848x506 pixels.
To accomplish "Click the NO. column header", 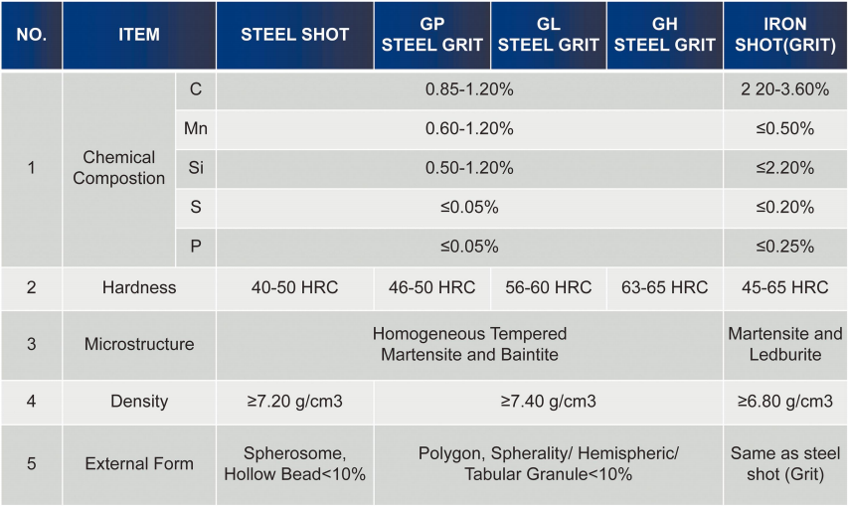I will tap(31, 35).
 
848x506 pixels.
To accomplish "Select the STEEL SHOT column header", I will tap(295, 35).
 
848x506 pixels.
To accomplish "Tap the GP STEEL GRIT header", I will tap(432, 35).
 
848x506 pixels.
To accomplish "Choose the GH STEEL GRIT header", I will tap(665, 35).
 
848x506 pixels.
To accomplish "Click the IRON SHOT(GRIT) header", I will tap(784, 35).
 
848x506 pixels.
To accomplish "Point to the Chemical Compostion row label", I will tap(119, 168).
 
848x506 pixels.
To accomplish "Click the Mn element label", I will tap(196, 128).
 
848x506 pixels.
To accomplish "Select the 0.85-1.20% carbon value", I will tap(469, 89).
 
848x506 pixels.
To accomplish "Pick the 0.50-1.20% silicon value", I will tap(469, 168).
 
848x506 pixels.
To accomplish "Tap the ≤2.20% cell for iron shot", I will tap(784, 168).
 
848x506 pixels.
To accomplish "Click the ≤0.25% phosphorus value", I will tap(784, 247).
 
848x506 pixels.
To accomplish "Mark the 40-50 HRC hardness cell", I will tap(295, 288).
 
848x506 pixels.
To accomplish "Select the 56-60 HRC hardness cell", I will tap(548, 288).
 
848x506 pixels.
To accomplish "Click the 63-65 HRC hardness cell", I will tap(665, 288).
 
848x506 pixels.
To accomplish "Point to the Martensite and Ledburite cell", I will tap(784, 344).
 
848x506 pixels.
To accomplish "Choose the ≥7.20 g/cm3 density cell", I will tap(295, 402).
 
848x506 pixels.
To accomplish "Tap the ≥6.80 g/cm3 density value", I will tap(784, 402).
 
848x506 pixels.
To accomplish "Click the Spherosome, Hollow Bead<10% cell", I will tap(295, 463).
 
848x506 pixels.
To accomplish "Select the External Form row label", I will tap(139, 463).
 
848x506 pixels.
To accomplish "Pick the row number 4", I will tap(31, 402).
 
